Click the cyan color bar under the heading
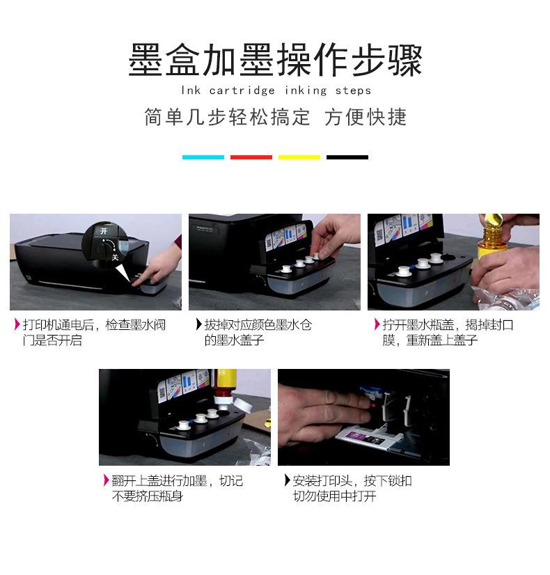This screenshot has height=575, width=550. tap(203, 157)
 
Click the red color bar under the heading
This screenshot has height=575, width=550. tap(251, 157)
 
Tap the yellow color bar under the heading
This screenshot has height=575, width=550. tap(299, 157)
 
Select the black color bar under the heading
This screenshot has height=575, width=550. tap(347, 157)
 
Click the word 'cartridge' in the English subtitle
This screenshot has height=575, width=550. tap(242, 90)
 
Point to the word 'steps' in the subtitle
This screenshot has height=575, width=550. tap(354, 91)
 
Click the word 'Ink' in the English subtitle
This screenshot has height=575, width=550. tap(191, 90)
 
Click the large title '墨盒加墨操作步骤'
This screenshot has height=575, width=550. tap(276, 60)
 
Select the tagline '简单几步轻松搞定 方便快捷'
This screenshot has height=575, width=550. tap(276, 117)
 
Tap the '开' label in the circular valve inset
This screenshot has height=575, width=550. tap(104, 231)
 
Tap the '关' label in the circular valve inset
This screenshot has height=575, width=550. tap(116, 258)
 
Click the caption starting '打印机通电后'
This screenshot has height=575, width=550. tap(94, 333)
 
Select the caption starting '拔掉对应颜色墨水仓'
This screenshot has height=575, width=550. tap(258, 333)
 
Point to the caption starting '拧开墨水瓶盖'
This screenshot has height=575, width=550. tap(448, 333)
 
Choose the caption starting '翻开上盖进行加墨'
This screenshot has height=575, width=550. tap(178, 488)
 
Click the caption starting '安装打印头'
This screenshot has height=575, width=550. tap(352, 488)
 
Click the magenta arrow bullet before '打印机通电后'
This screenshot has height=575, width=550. tap(17, 324)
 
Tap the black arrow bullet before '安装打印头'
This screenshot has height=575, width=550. tap(288, 480)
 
